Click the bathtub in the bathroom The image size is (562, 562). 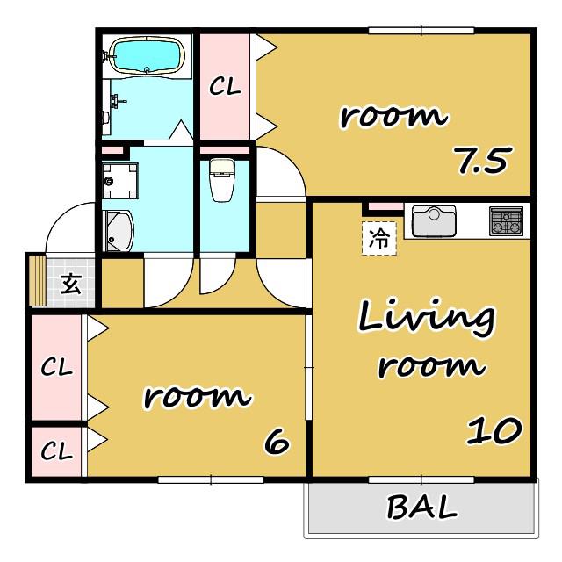147,55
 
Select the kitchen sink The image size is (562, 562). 434,220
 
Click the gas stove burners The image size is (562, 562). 506,220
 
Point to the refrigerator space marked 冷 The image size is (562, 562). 379,238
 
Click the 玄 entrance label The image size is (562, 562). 71,284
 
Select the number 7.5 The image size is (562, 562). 482,160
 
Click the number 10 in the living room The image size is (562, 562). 494,431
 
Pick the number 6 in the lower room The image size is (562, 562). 277,441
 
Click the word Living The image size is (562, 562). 427,318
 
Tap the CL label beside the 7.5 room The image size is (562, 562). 225,86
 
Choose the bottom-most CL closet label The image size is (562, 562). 56,450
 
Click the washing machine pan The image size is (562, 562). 120,181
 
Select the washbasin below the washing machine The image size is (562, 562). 119,231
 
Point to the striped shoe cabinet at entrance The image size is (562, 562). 38,280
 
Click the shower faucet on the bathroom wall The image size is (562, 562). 118,100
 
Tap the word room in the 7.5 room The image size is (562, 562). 393,116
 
